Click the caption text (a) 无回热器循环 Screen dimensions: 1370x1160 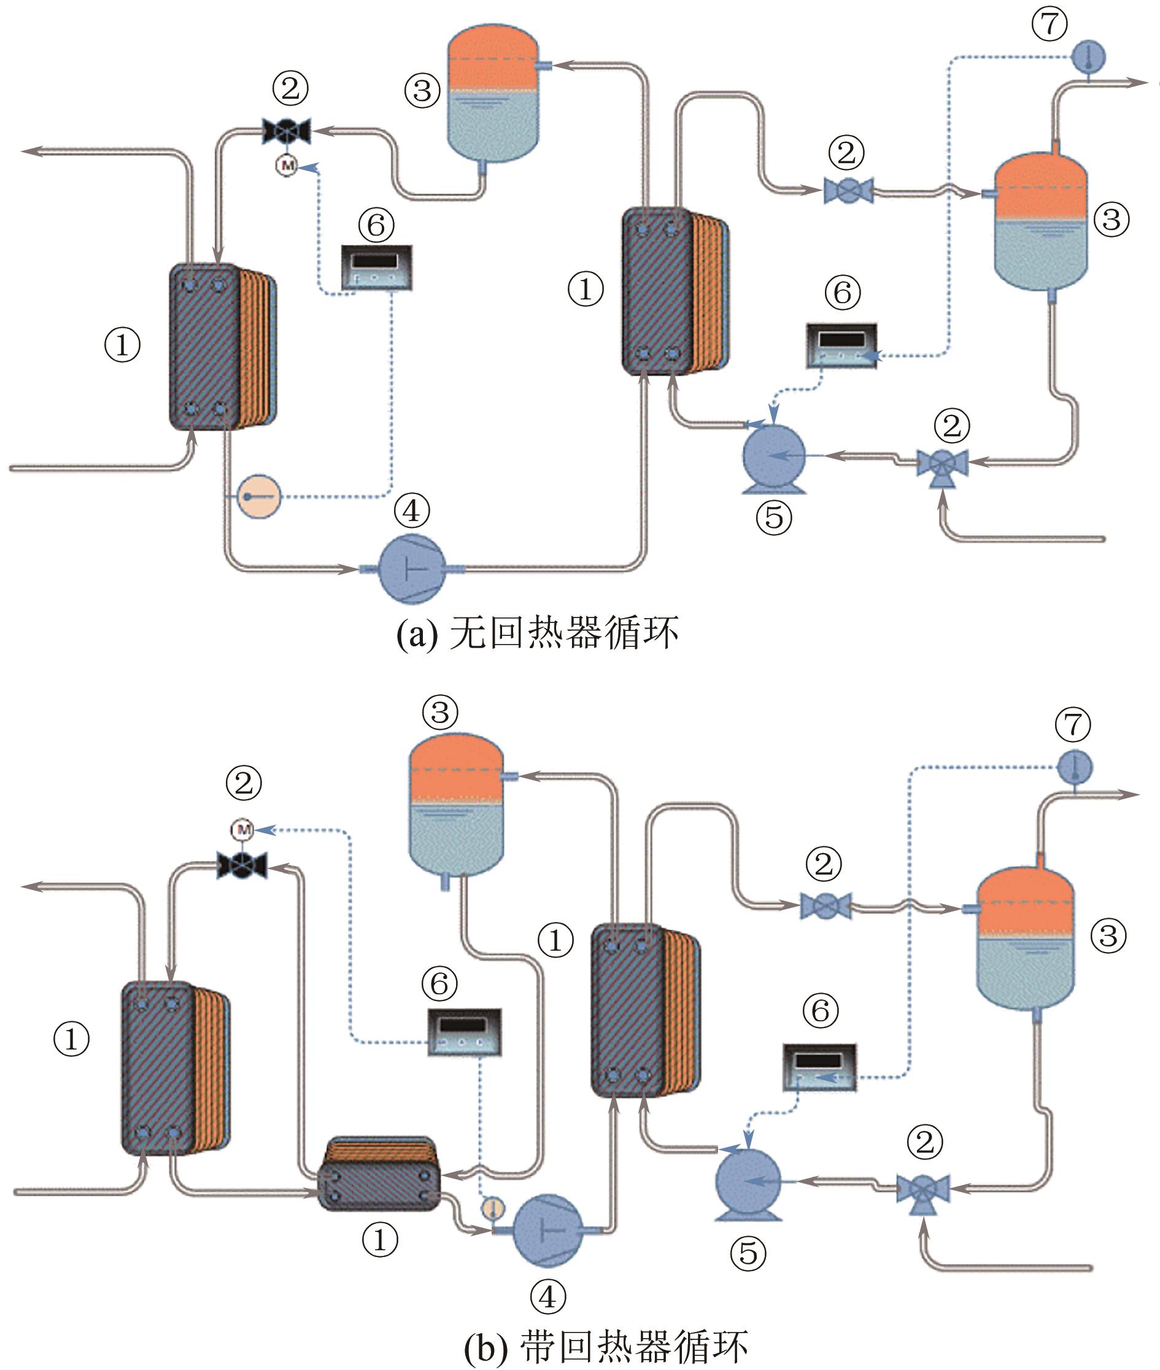(537, 633)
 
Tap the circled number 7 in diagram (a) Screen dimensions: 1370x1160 (1050, 24)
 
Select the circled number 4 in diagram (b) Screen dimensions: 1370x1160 (547, 1297)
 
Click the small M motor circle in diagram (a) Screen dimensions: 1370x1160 (287, 164)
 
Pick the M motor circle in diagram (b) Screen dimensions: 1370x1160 (242, 830)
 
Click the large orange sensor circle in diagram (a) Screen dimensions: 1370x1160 (258, 496)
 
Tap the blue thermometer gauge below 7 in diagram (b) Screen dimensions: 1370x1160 (1075, 767)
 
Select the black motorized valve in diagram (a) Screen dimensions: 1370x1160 (286, 130)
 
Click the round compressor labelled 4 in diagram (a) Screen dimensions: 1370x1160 (412, 568)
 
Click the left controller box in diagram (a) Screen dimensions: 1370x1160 (377, 268)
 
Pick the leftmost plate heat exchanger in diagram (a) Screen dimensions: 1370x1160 (222, 347)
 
